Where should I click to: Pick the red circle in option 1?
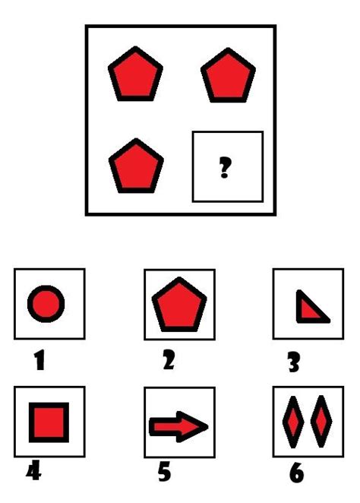pyautogui.click(x=46, y=305)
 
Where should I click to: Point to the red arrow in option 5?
pyautogui.click(x=178, y=426)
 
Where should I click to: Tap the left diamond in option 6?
pyautogui.click(x=293, y=422)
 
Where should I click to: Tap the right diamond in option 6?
pyautogui.click(x=322, y=422)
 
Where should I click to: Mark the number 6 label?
pyautogui.click(x=296, y=473)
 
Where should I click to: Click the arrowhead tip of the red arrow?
pyautogui.click(x=207, y=426)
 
